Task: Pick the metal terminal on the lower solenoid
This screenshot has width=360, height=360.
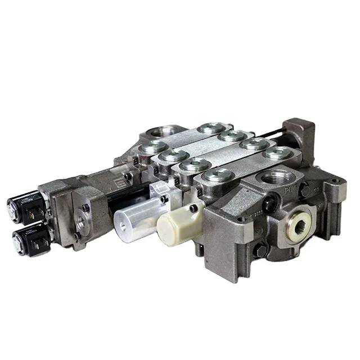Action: [x=38, y=243]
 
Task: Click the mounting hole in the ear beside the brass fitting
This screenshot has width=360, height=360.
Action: [x=336, y=183]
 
